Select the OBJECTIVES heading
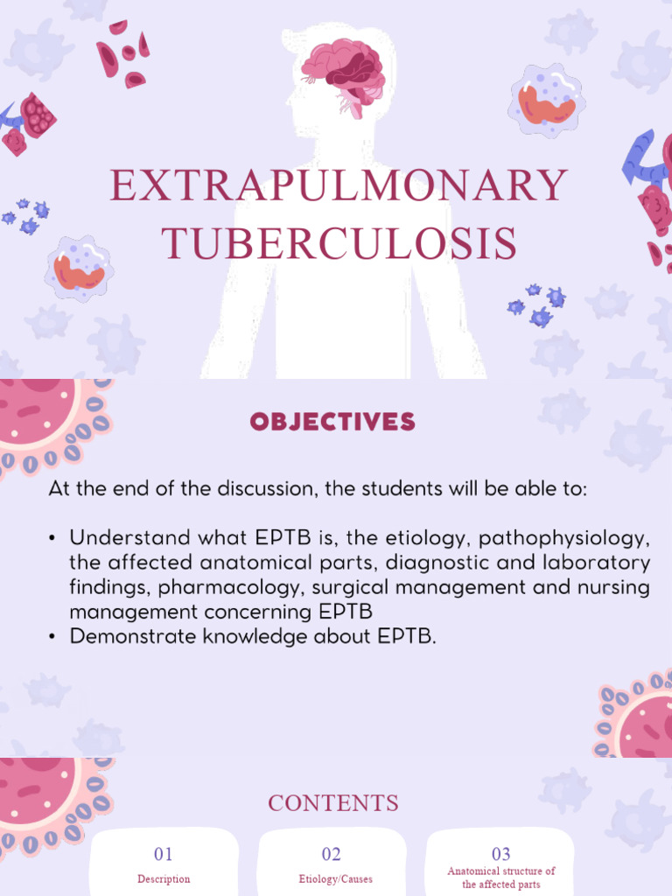[332, 423]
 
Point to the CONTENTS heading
[332, 802]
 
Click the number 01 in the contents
[164, 854]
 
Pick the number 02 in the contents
[331, 854]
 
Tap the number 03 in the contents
[500, 854]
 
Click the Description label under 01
[164, 878]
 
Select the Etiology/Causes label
[331, 878]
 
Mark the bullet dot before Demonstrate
[53, 636]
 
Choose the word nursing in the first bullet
[614, 587]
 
